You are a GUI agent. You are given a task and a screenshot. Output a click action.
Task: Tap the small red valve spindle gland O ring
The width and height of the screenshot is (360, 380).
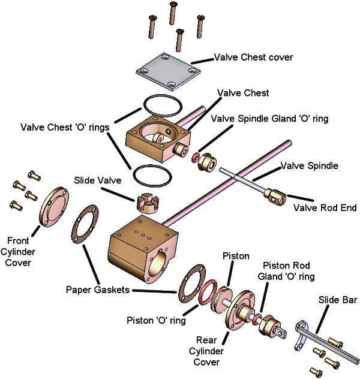tap(196, 158)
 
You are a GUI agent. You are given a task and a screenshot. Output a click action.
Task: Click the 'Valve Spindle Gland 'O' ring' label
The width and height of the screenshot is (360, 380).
tap(269, 119)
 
